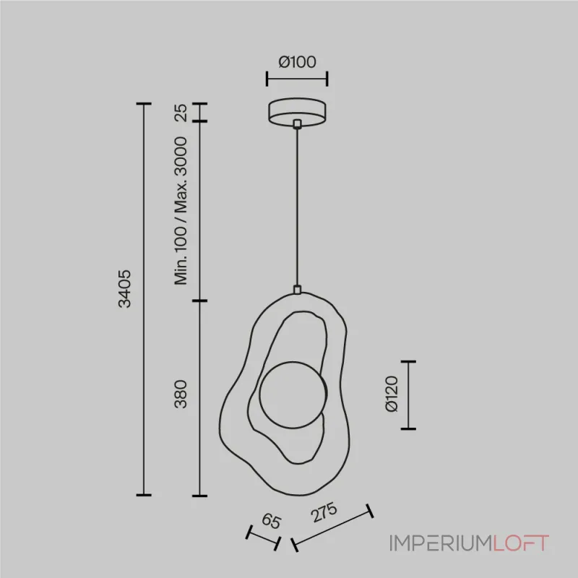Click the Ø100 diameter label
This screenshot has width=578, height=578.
pyautogui.click(x=297, y=62)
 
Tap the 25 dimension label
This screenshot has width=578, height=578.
pyautogui.click(x=181, y=113)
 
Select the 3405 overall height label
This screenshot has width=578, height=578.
pyautogui.click(x=124, y=288)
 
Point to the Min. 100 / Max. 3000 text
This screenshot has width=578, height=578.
pyautogui.click(x=181, y=211)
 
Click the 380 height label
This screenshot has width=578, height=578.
pyautogui.click(x=181, y=394)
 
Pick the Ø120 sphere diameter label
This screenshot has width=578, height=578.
pyautogui.click(x=391, y=394)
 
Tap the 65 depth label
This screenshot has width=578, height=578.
pyautogui.click(x=272, y=521)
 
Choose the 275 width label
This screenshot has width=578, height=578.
pyautogui.click(x=324, y=512)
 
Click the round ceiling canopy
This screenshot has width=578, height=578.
pyautogui.click(x=297, y=112)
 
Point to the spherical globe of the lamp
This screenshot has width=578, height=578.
pyautogui.click(x=293, y=394)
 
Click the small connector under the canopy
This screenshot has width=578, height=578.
pyautogui.click(x=297, y=124)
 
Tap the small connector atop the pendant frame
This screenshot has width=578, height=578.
pyautogui.click(x=297, y=290)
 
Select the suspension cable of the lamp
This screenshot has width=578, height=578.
pyautogui.click(x=297, y=207)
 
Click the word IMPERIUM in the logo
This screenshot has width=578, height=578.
pyautogui.click(x=441, y=543)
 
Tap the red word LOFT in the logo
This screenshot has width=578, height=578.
pyautogui.click(x=521, y=543)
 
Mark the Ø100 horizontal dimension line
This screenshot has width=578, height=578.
pyautogui.click(x=297, y=79)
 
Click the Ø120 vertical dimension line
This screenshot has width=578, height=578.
pyautogui.click(x=408, y=395)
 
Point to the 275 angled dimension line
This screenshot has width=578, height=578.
pyautogui.click(x=332, y=528)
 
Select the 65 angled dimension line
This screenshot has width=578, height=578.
pyautogui.click(x=263, y=538)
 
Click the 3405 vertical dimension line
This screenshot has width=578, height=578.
pyautogui.click(x=144, y=299)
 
